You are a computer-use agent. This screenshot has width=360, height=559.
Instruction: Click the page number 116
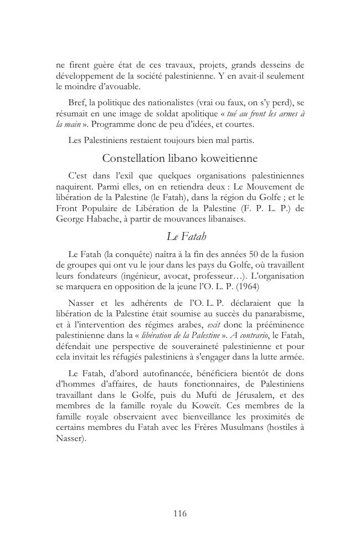(x=179, y=514)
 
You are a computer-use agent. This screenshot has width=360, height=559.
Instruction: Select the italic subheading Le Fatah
(x=186, y=237)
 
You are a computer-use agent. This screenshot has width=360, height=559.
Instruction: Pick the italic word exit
(x=214, y=325)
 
